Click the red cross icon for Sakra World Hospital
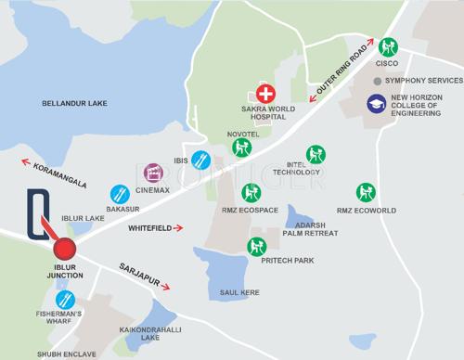(x=265, y=94)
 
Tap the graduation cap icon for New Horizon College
(x=378, y=105)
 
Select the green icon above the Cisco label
(x=387, y=46)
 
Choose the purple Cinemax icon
(x=153, y=172)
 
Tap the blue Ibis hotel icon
(x=200, y=161)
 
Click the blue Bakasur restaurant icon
(x=120, y=195)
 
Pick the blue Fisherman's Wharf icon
(x=65, y=300)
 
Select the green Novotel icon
(x=242, y=148)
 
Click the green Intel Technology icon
(x=316, y=154)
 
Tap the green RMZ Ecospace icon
(x=251, y=193)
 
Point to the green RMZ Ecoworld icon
(x=367, y=193)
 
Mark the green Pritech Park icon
(x=257, y=247)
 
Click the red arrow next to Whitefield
(x=178, y=226)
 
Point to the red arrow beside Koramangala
(x=27, y=163)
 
